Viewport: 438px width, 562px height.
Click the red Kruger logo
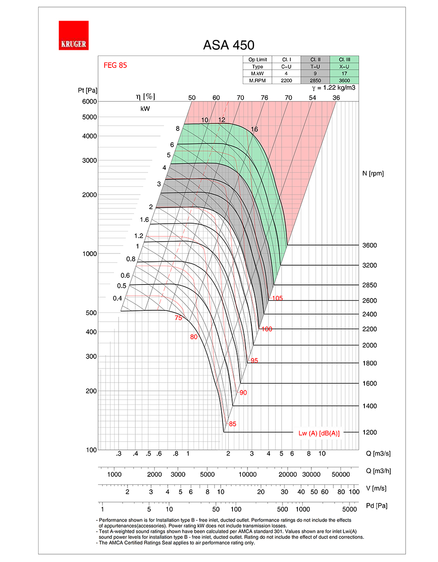[x=74, y=35]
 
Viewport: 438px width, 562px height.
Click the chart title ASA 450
[x=229, y=45]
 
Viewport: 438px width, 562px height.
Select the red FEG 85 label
[x=115, y=65]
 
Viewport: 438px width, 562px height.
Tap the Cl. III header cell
[x=344, y=60]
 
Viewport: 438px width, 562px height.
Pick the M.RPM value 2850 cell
[x=315, y=81]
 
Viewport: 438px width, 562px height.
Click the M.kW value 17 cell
[x=344, y=74]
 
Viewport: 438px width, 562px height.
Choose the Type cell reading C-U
[x=286, y=67]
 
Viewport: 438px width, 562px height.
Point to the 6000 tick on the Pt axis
[x=89, y=102]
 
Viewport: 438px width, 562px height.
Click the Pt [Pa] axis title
[x=88, y=91]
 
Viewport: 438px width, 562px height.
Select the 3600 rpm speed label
[x=369, y=246]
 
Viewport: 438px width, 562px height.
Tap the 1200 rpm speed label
[x=369, y=432]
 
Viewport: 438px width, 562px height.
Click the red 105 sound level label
[x=277, y=299]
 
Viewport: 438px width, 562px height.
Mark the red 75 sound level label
[x=178, y=318]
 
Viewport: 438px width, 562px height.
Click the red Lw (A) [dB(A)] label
[x=319, y=433]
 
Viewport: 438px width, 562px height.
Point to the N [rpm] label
[x=373, y=173]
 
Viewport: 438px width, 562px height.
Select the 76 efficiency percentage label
[x=264, y=98]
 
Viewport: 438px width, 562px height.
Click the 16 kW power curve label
[x=254, y=129]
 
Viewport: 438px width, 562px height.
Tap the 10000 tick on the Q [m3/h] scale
[x=247, y=474]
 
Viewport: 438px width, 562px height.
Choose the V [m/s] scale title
[x=376, y=488]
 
